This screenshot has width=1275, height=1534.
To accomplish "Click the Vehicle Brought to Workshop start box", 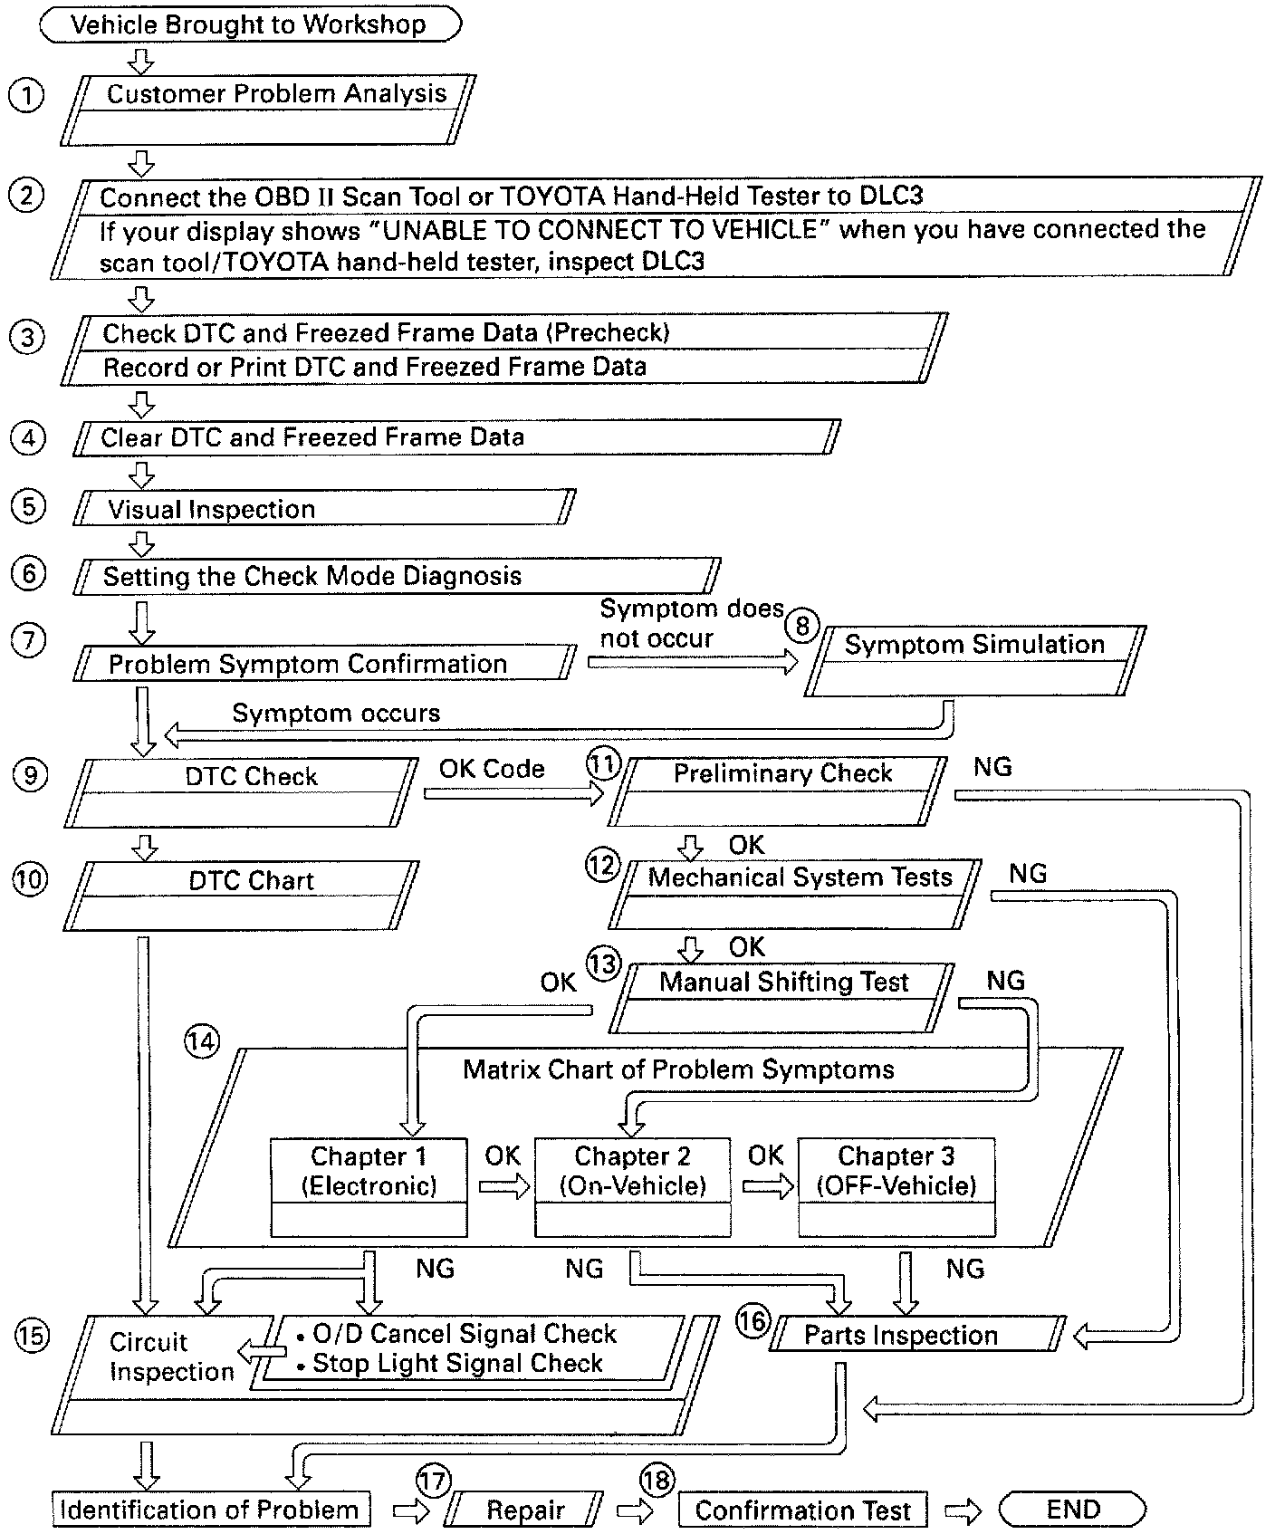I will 250,24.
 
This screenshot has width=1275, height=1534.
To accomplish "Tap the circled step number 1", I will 25,95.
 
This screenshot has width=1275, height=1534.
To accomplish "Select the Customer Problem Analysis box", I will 268,110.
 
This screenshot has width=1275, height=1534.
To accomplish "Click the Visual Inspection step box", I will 323,508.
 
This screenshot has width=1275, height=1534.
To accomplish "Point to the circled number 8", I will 802,625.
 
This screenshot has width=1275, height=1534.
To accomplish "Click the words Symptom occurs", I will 336,713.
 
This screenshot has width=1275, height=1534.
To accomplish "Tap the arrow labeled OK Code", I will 513,794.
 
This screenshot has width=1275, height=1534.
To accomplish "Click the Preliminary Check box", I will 779,791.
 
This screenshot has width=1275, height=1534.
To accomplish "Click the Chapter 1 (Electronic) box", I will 369,1187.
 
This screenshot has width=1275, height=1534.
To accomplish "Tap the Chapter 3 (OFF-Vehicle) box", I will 896,1187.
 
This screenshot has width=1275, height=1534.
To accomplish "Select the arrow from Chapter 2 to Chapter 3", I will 766,1186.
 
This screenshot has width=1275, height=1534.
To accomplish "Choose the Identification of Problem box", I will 210,1510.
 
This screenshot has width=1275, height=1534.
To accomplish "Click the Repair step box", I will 525,1510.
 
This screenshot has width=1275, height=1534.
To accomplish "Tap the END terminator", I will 1072,1510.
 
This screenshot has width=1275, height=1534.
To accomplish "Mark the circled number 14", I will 201,1041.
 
